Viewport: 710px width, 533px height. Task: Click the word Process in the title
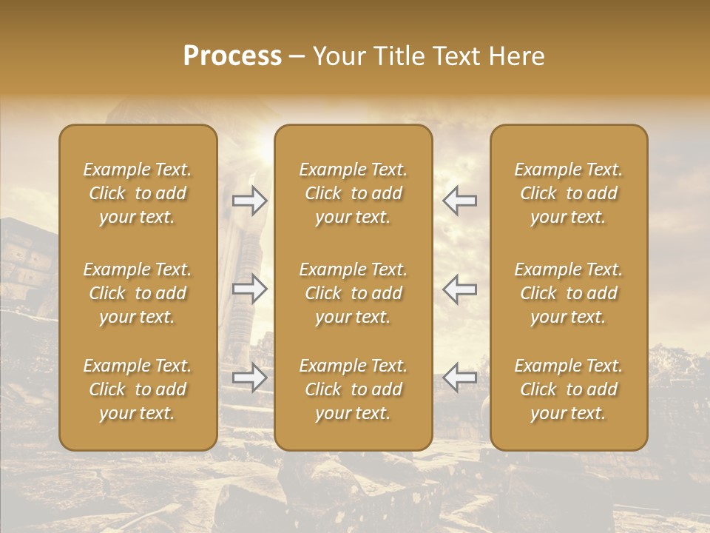(232, 56)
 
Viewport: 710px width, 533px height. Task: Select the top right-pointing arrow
(249, 201)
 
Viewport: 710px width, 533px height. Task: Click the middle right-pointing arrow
(249, 289)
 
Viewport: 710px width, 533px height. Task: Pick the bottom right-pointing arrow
(249, 378)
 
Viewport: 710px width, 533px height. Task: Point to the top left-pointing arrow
(460, 200)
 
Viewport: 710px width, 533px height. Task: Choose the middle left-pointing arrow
(460, 289)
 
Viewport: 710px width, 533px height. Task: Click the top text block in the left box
(138, 193)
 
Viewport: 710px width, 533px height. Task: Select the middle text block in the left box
(138, 293)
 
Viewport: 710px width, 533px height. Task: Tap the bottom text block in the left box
(138, 389)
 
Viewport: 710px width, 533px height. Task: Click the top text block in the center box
(354, 193)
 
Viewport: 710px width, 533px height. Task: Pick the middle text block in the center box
(354, 293)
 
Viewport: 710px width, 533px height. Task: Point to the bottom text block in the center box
(354, 389)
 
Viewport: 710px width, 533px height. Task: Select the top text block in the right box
(569, 193)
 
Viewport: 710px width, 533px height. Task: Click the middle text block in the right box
(569, 293)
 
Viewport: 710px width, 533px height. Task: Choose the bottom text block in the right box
(569, 389)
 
